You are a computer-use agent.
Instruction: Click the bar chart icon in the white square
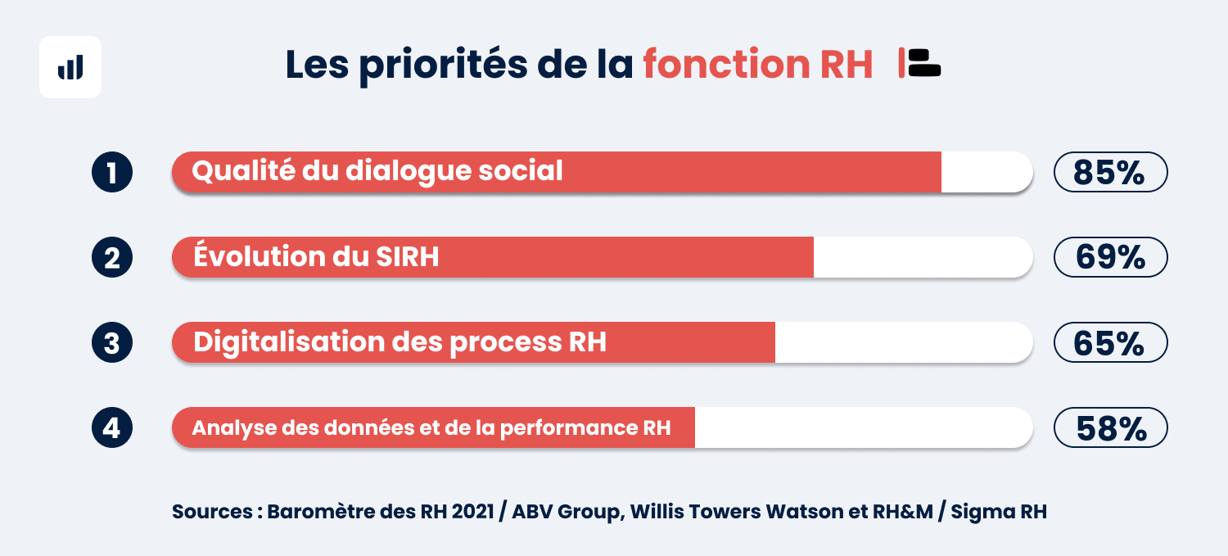(x=70, y=67)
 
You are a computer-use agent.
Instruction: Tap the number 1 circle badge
(x=112, y=172)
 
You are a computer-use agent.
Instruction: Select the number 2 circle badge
(x=112, y=257)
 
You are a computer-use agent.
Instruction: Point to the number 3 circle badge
(x=112, y=342)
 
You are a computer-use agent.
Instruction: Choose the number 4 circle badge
(x=112, y=427)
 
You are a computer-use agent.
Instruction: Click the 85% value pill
(x=1111, y=172)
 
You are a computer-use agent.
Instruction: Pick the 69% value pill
(x=1111, y=257)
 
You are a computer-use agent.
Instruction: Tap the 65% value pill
(x=1111, y=342)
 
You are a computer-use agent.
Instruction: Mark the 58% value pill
(x=1111, y=427)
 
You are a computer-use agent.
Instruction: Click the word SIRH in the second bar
(x=408, y=256)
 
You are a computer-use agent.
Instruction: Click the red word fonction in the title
(x=726, y=64)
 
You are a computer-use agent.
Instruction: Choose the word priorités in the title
(x=444, y=66)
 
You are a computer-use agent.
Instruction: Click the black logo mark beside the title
(x=924, y=63)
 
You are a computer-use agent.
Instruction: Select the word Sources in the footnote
(x=212, y=512)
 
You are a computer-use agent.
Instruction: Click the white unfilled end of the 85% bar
(x=986, y=172)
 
